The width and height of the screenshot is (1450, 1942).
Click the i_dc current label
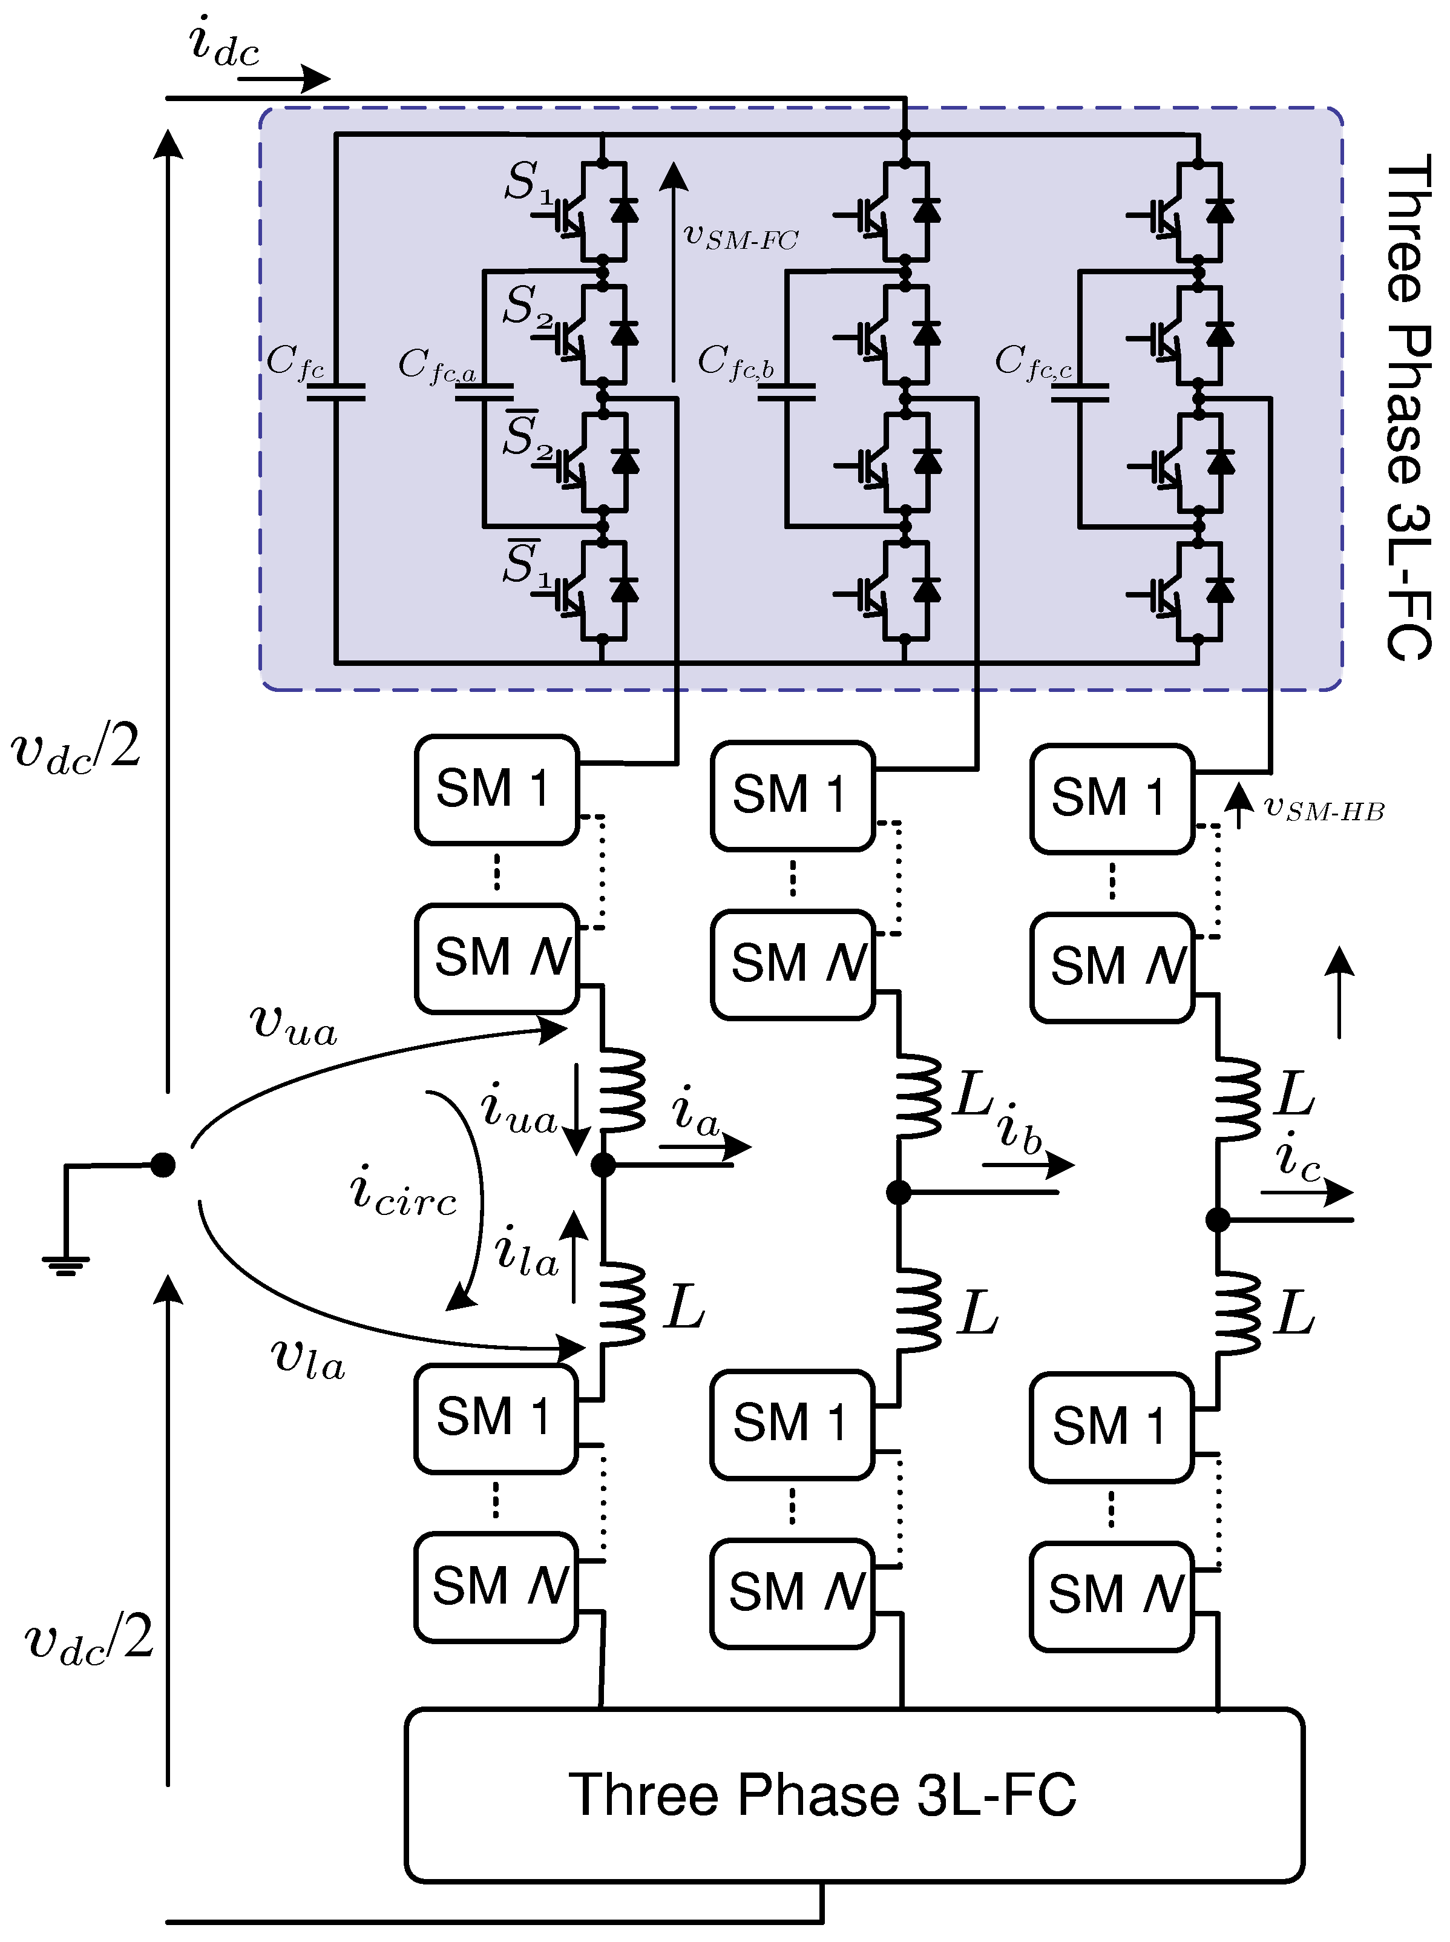pyautogui.click(x=225, y=44)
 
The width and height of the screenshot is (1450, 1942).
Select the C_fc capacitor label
pyautogui.click(x=295, y=361)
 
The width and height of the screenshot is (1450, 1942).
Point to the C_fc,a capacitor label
pyautogui.click(x=436, y=364)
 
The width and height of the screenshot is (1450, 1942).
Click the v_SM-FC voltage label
pyautogui.click(x=741, y=237)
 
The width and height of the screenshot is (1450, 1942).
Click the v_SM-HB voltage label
pyautogui.click(x=1324, y=808)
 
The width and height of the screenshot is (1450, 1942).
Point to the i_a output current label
pyautogui.click(x=695, y=1111)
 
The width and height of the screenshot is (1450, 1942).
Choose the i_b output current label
pyautogui.click(x=1020, y=1128)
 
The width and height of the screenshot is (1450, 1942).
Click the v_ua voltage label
pyautogui.click(x=293, y=1024)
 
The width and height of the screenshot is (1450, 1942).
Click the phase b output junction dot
pyautogui.click(x=899, y=1192)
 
